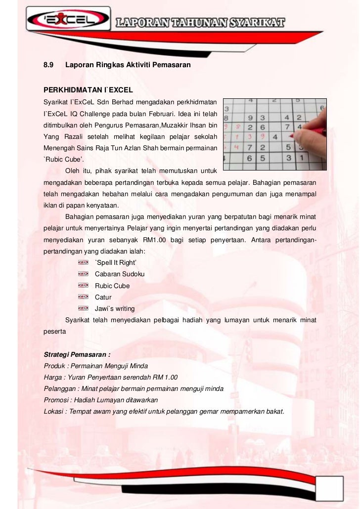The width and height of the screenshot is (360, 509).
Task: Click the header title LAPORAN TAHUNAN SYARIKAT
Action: (x=200, y=22)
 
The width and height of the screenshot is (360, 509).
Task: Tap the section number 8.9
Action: (x=48, y=65)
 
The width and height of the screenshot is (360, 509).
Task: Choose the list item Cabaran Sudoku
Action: (x=120, y=274)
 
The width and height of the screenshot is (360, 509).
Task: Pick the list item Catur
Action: (x=103, y=297)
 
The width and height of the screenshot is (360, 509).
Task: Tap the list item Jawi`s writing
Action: (x=115, y=308)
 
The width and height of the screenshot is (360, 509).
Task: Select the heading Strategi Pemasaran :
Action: (x=77, y=355)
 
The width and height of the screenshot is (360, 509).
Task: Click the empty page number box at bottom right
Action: (x=330, y=488)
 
